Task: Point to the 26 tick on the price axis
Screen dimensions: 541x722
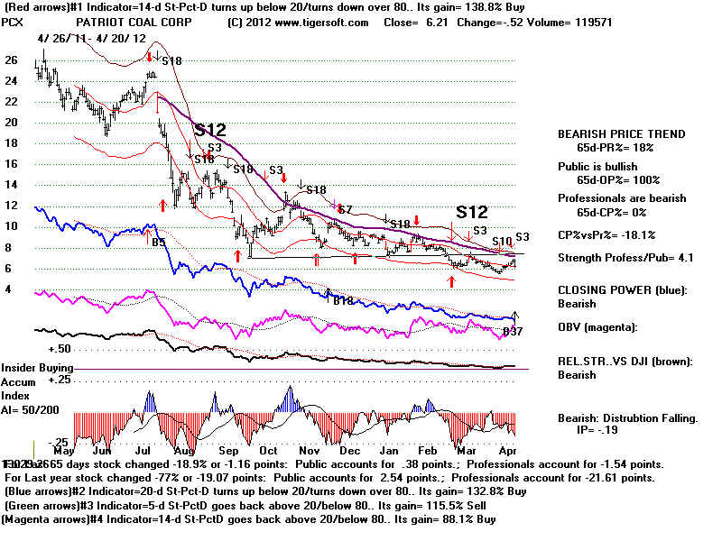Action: point(11,60)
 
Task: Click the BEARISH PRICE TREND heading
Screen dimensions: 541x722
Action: point(621,133)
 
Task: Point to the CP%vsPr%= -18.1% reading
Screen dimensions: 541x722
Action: point(605,234)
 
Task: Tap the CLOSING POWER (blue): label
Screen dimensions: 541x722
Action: point(620,290)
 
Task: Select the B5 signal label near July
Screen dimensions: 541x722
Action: point(158,242)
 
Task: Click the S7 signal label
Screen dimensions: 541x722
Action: point(345,209)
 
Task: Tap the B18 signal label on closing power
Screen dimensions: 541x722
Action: point(342,301)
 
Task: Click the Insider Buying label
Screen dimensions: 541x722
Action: point(37,369)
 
